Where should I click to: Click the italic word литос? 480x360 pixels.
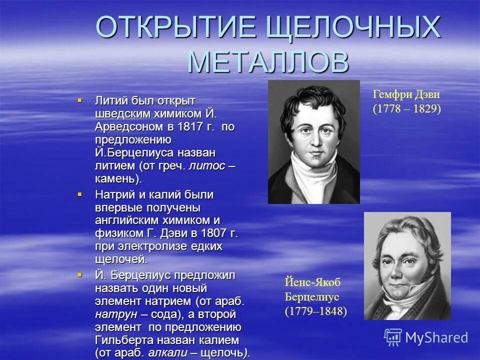click(x=206, y=165)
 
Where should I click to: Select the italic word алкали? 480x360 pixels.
click(x=167, y=353)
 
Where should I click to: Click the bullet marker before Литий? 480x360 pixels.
click(x=79, y=100)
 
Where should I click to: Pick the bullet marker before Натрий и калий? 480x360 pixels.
click(x=79, y=194)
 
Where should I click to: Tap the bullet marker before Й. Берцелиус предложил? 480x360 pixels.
click(x=79, y=274)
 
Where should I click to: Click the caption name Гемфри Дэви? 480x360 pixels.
click(x=406, y=95)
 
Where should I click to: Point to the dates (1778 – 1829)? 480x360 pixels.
click(x=406, y=109)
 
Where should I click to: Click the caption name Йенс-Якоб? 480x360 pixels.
click(x=312, y=282)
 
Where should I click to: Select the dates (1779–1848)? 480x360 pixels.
click(x=315, y=311)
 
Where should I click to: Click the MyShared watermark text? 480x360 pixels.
click(x=436, y=337)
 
